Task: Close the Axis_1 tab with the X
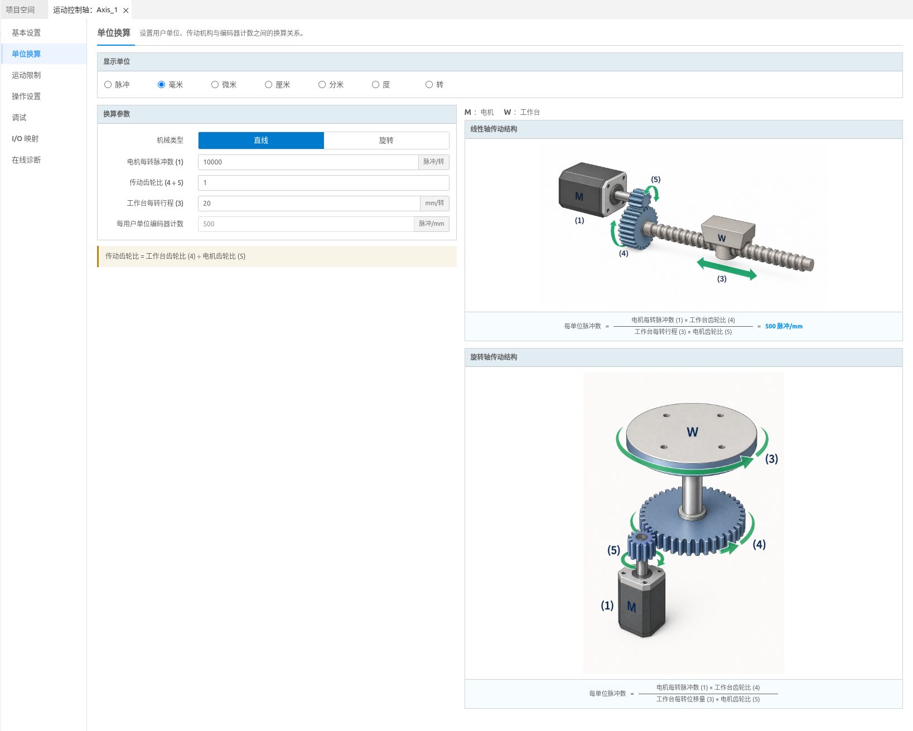[x=125, y=10]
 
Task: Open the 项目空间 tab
[x=21, y=10]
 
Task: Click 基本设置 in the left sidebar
[x=26, y=33]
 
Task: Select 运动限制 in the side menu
[x=26, y=75]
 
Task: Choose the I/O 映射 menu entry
[x=25, y=139]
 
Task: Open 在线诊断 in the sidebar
[x=26, y=160]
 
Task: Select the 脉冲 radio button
[x=108, y=84]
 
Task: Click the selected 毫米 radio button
[x=161, y=84]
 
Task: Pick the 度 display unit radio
[x=375, y=84]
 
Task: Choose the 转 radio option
[x=429, y=84]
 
